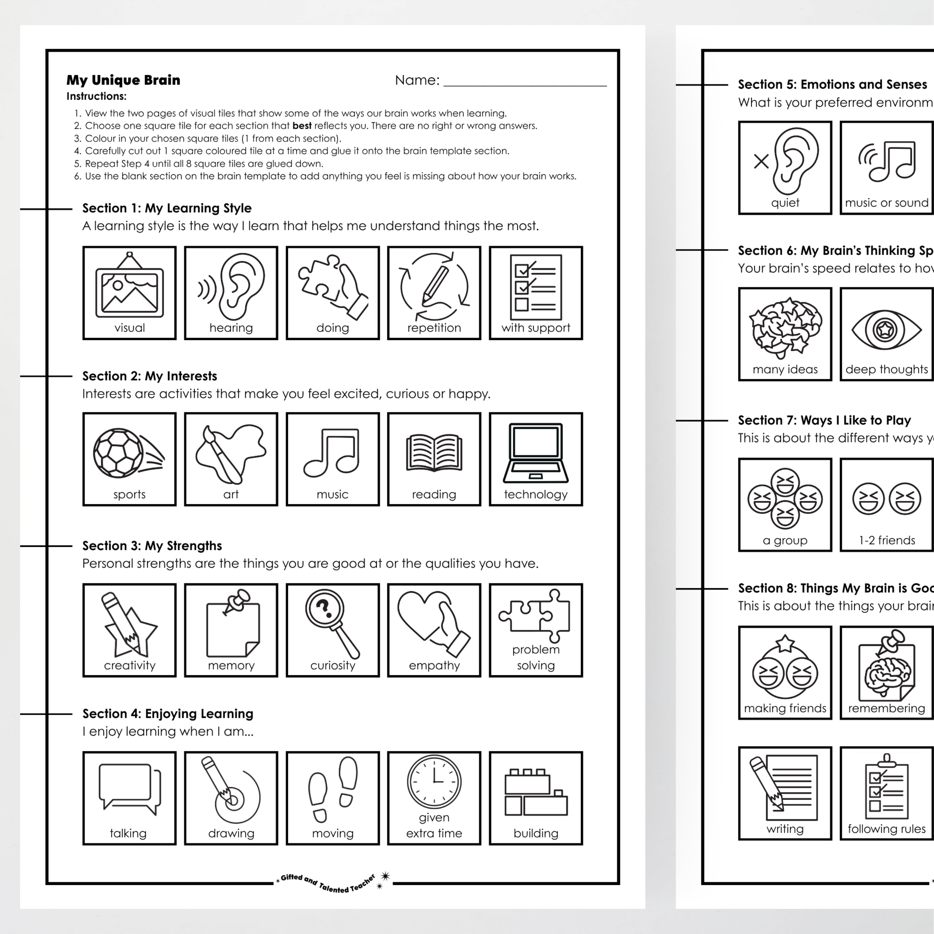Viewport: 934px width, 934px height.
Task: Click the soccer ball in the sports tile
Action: coord(118,453)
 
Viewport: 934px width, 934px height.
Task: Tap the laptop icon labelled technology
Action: coord(536,453)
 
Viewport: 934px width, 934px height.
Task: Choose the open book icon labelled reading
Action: coord(434,453)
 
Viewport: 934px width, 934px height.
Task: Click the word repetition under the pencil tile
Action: coord(434,328)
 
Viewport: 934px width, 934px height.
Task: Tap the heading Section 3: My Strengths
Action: coord(152,546)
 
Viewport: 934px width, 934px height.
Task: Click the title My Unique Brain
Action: coord(123,80)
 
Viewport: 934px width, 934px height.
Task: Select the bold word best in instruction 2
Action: coord(302,126)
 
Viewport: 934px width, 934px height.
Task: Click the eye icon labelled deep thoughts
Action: coord(886,330)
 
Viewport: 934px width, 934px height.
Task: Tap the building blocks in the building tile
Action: coord(536,792)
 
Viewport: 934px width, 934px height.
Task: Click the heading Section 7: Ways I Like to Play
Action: coord(824,420)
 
